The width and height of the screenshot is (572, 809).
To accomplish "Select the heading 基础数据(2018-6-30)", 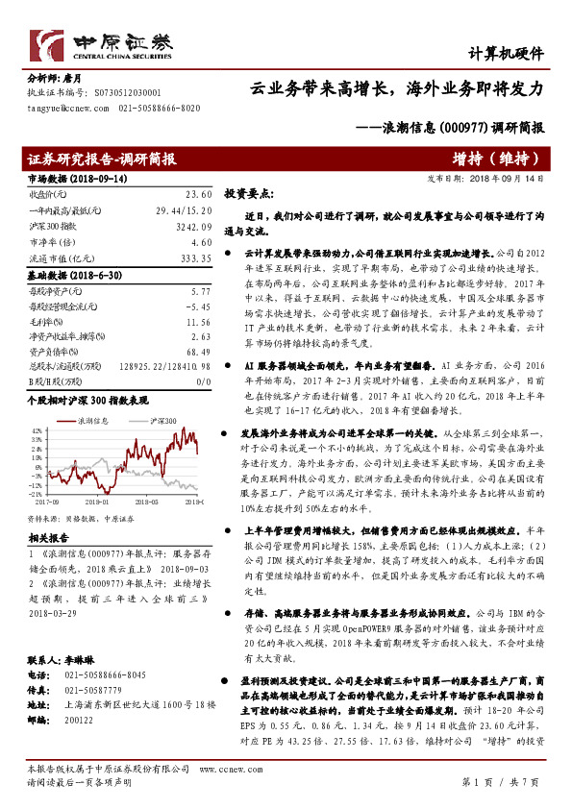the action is coord(67,275).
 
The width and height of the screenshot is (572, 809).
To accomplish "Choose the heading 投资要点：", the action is coord(249,193).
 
